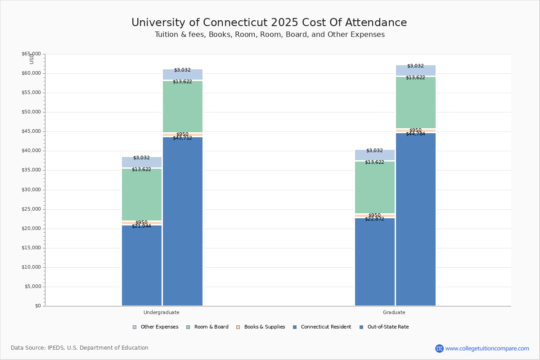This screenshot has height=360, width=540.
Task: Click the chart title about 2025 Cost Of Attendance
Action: (269, 23)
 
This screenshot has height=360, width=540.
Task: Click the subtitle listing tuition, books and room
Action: (270, 35)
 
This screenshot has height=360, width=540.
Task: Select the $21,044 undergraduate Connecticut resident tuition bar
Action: (142, 265)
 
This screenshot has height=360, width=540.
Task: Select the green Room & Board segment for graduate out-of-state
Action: (416, 103)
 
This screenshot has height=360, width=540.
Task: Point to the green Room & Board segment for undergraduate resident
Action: (142, 194)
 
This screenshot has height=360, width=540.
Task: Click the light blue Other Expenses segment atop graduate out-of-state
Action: (416, 70)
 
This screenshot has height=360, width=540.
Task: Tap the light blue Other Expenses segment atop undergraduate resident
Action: (142, 162)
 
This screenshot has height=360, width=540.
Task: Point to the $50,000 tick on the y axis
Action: (31, 112)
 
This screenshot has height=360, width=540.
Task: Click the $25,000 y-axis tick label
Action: (31, 209)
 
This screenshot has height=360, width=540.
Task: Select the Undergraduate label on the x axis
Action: (162, 312)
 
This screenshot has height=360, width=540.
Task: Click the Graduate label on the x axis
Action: (394, 312)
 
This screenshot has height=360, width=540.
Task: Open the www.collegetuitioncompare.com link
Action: (487, 348)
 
